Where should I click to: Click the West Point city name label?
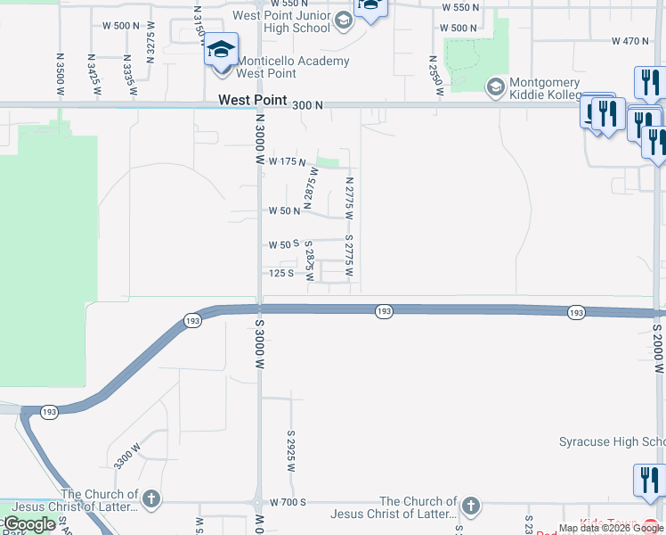(x=254, y=102)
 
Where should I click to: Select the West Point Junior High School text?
(x=280, y=21)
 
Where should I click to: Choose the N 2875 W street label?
(x=311, y=188)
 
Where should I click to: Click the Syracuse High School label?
(x=612, y=442)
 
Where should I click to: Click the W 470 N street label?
(x=630, y=41)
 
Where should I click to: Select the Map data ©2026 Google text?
(x=612, y=528)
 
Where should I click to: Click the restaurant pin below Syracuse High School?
(x=648, y=481)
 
